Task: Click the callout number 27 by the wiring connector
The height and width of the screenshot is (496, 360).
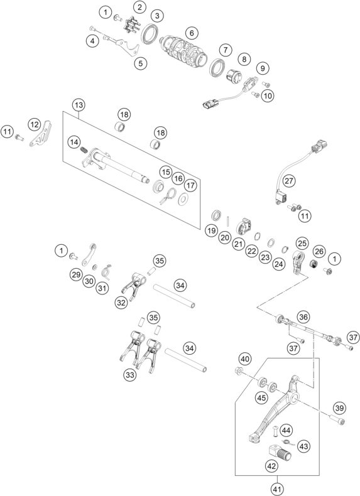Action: pyautogui.click(x=288, y=180)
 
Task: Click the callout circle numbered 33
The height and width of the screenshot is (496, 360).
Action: pyautogui.click(x=129, y=375)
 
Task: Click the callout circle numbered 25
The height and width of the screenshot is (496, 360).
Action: pyautogui.click(x=302, y=242)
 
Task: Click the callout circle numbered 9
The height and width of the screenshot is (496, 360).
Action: pyautogui.click(x=263, y=68)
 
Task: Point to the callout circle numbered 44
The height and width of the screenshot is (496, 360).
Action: pyautogui.click(x=286, y=430)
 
